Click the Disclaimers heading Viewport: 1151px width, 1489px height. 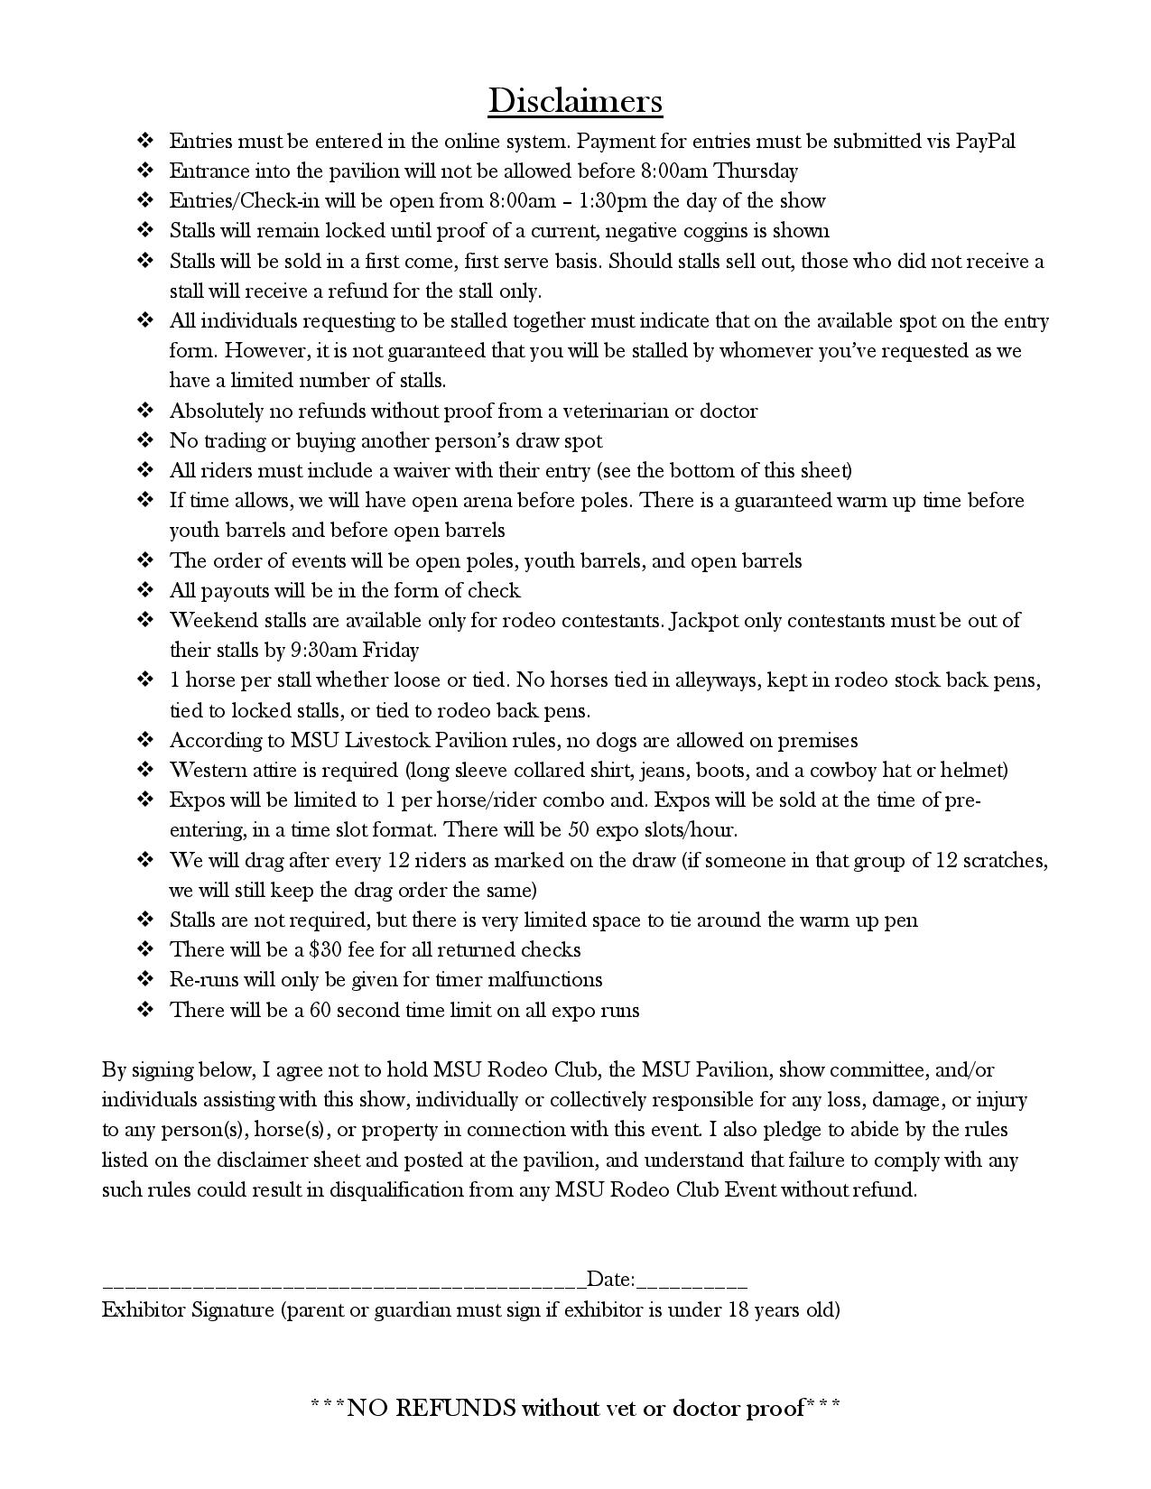pos(575,100)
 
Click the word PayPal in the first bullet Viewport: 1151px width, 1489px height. pos(986,141)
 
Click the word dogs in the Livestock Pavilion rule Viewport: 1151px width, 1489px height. pos(615,740)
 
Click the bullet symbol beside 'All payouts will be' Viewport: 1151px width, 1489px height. pos(145,590)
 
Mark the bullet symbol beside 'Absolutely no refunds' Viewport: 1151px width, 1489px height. pos(145,411)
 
